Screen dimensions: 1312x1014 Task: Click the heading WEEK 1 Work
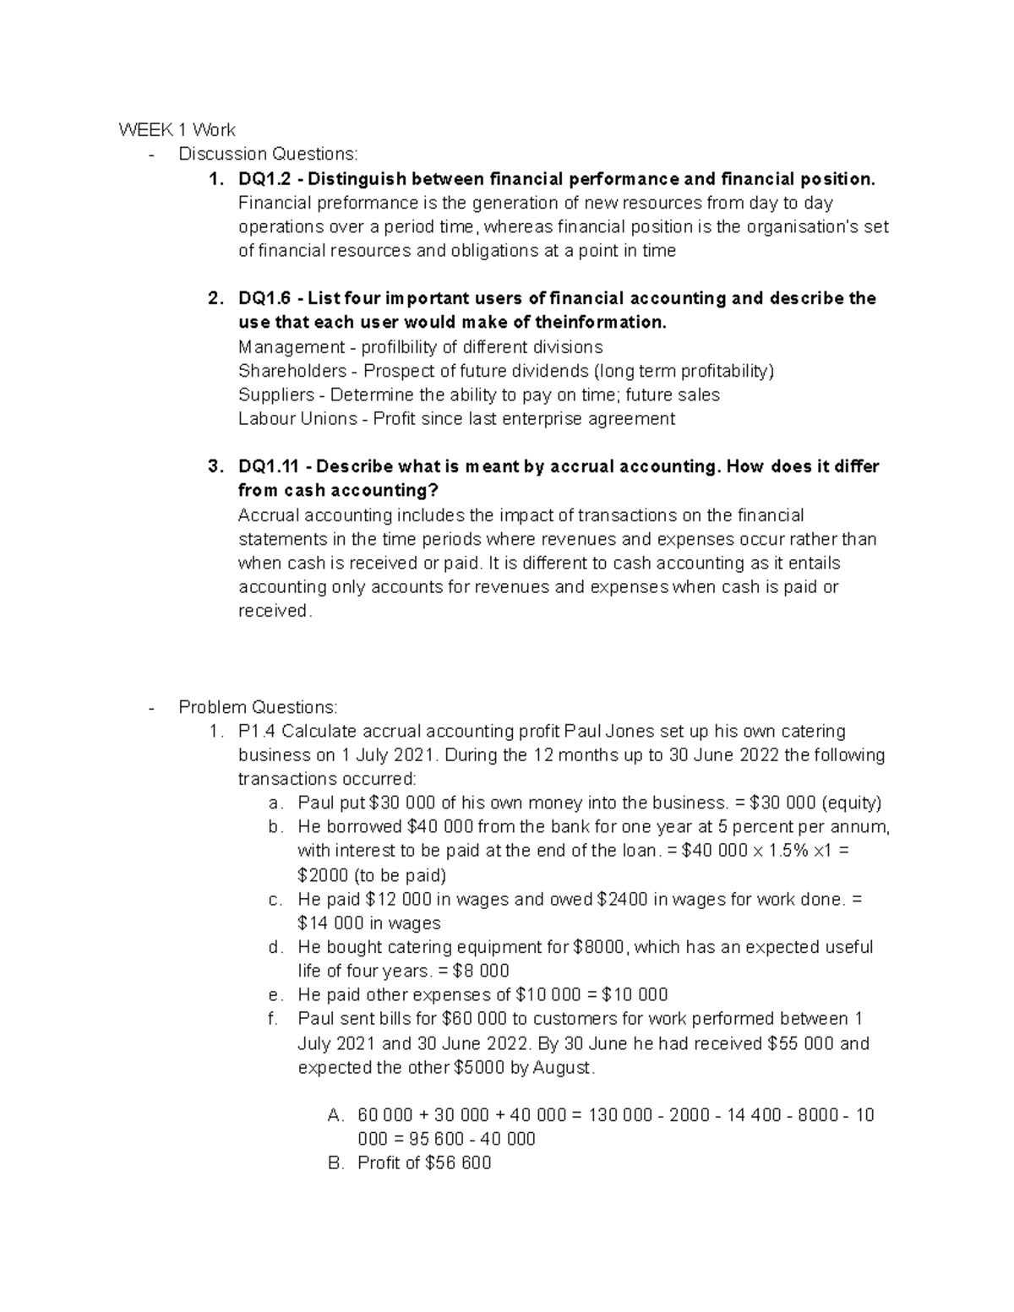(x=177, y=130)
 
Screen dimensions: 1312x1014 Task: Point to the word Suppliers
(x=276, y=395)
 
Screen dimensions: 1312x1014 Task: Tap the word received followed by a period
(x=275, y=611)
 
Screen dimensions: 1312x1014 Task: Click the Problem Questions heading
(x=258, y=707)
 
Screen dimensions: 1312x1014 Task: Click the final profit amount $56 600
(x=458, y=1163)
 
